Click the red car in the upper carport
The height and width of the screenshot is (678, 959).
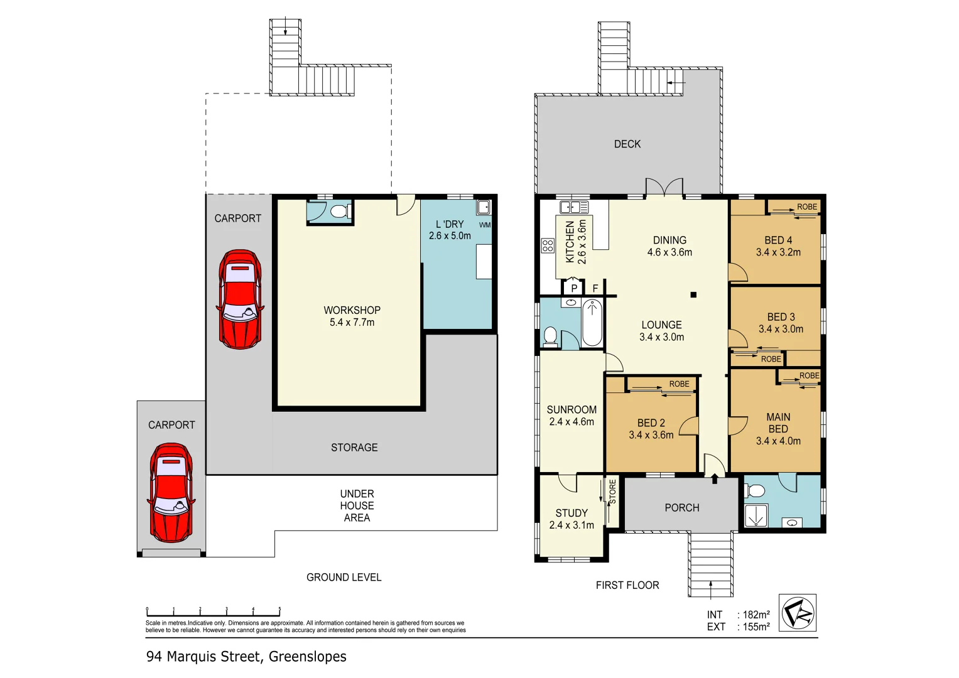(240, 299)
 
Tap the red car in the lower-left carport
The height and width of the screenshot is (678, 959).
(171, 493)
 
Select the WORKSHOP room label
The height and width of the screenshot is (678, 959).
(352, 310)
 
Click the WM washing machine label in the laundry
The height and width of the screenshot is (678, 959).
(484, 225)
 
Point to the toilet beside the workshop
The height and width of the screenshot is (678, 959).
(339, 211)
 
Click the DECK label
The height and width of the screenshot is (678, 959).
(627, 144)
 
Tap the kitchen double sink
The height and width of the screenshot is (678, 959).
(573, 207)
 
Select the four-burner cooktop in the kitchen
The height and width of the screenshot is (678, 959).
(548, 245)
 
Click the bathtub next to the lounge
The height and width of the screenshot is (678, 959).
(592, 323)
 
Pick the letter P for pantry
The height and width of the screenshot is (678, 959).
(574, 289)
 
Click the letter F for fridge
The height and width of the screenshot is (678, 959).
(595, 289)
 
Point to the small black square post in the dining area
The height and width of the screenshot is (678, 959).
(693, 294)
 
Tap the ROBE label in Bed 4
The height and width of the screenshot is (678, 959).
(807, 207)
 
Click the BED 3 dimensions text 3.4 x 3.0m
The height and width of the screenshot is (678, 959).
(781, 329)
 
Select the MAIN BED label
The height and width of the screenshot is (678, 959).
(778, 422)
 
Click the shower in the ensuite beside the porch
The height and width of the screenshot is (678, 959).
(756, 515)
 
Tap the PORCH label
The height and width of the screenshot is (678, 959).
(681, 507)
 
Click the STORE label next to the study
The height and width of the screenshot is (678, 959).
(613, 492)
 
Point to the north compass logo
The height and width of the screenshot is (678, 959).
(798, 612)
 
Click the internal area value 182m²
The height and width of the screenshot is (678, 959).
(756, 615)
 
